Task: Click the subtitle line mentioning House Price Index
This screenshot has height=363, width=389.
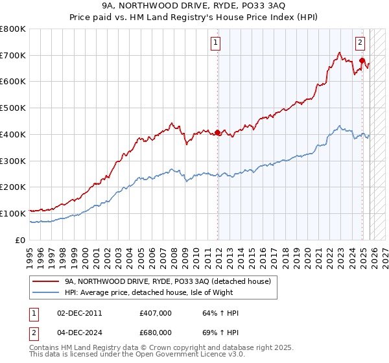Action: (194, 18)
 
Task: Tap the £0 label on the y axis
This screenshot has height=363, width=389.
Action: (19, 240)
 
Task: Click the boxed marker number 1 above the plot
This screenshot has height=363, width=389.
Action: (215, 43)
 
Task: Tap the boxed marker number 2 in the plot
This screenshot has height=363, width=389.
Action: (360, 43)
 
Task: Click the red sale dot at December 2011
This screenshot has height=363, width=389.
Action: (217, 133)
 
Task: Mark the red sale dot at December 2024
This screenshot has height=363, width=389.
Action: (362, 61)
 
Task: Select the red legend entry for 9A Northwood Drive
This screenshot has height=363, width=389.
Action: (172, 281)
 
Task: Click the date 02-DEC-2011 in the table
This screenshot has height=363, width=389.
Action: (79, 313)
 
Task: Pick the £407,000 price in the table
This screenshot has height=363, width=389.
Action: (156, 313)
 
